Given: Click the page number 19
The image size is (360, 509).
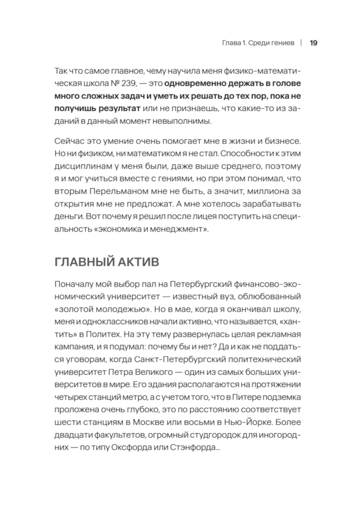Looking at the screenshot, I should click(313, 43).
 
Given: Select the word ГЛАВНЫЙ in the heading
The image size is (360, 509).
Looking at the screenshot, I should click(82, 262).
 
